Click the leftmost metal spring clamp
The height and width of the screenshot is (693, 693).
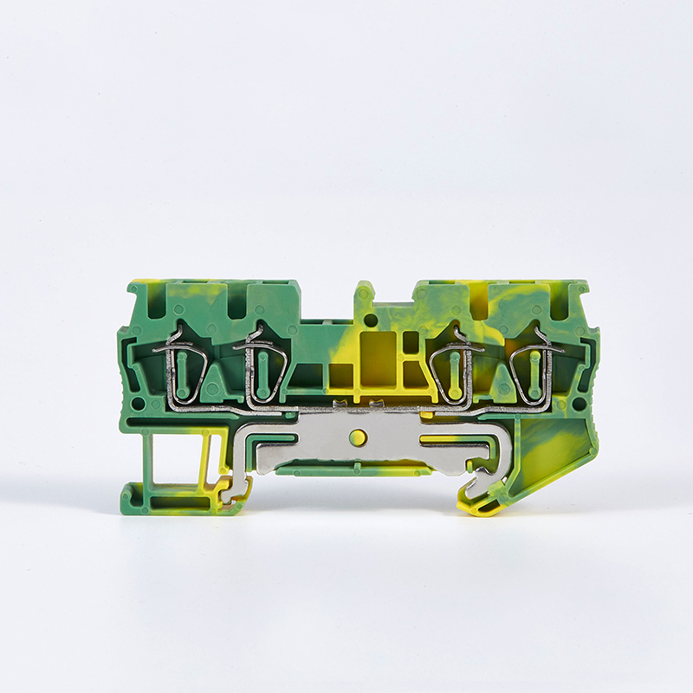pyautogui.click(x=185, y=369)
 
